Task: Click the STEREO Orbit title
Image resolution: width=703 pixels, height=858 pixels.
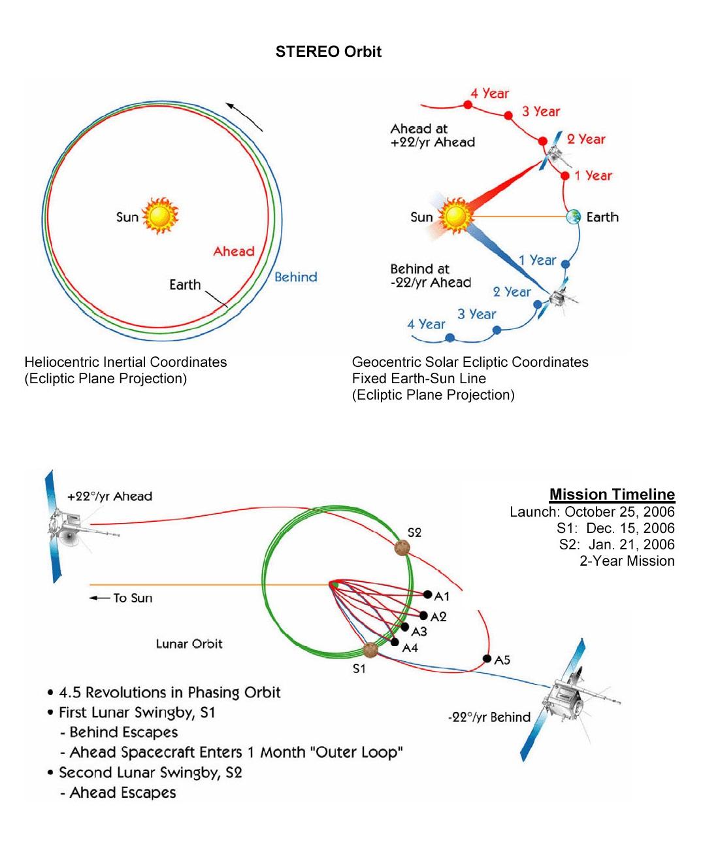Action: coord(328,52)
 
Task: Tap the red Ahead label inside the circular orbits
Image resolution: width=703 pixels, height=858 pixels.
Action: coord(233,251)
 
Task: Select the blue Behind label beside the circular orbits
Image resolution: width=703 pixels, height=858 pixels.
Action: coord(295,277)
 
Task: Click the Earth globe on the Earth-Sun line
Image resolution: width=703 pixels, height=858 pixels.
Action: coord(574,216)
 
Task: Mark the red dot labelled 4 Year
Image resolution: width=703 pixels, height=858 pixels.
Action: coord(467,105)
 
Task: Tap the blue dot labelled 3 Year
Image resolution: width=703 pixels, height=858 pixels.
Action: coord(497,330)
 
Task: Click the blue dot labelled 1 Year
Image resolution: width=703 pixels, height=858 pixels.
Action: coord(565,264)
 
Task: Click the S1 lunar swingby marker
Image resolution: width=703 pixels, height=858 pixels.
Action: coord(370,650)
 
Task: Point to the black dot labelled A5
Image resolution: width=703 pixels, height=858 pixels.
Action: coord(487,659)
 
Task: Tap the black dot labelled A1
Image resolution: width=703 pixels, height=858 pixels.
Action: coord(427,594)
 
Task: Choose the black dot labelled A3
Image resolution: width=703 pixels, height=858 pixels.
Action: coord(404,627)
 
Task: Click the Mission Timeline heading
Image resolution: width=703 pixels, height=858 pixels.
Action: coord(612,494)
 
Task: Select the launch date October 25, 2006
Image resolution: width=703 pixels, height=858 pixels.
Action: coord(619,511)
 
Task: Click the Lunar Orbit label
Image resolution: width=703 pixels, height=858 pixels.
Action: coord(189,644)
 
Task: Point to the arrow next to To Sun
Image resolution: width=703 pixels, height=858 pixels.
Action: coord(99,598)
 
